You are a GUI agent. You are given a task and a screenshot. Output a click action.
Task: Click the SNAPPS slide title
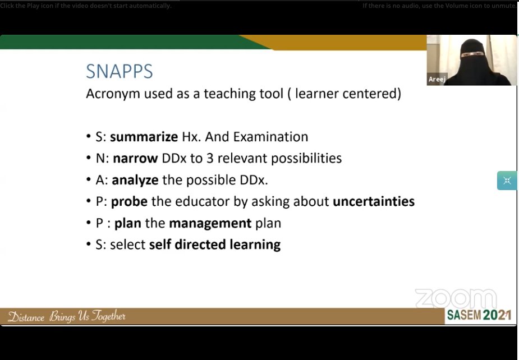[x=120, y=72]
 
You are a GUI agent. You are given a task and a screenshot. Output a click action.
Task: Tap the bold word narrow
[x=135, y=158]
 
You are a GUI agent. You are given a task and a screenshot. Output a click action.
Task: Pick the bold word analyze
[x=135, y=180]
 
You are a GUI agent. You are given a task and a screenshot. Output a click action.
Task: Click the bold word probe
[x=129, y=201]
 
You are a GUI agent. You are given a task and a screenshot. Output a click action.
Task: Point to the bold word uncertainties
[x=374, y=201]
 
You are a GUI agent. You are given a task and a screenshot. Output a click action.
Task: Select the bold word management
[x=210, y=223]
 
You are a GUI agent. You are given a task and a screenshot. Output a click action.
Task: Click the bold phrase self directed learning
[x=215, y=244]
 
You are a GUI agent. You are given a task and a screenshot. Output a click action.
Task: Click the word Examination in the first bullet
[x=270, y=137]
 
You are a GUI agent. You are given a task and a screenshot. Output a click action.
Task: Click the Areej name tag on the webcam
[x=437, y=80]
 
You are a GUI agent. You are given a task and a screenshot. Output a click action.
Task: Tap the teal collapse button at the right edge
[x=507, y=181]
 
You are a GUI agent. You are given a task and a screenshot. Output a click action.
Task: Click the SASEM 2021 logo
[x=479, y=315]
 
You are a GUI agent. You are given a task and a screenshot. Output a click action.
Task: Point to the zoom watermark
[x=456, y=298]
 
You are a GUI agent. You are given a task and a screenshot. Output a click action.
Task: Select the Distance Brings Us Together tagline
[x=67, y=317]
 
